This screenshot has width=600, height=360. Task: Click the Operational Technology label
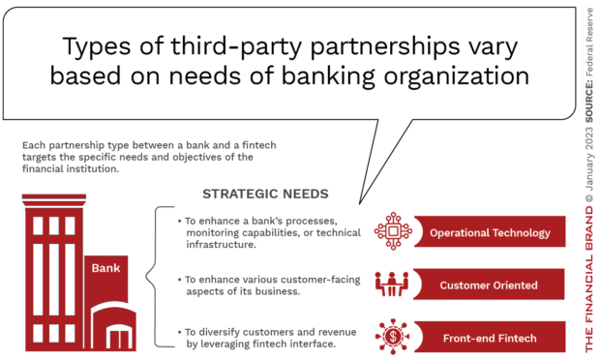[x=490, y=232]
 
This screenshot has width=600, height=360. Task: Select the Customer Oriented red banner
[x=490, y=285]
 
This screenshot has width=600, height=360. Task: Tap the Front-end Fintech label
[x=490, y=338]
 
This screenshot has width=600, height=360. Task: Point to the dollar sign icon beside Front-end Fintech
[x=393, y=338]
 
